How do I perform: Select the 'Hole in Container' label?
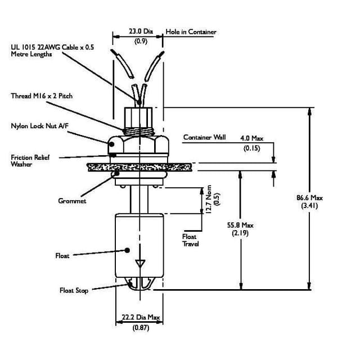[191, 32]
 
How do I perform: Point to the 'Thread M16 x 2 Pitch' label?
[42, 96]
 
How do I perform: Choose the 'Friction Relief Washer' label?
[30, 160]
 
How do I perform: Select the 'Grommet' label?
[72, 201]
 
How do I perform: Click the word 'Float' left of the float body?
[62, 256]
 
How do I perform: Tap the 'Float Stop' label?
[74, 290]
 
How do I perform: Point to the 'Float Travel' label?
[191, 240]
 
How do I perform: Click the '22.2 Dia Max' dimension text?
[141, 317]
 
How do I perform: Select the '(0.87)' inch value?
[141, 327]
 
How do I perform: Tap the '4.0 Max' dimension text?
[251, 138]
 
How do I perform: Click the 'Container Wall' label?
[204, 137]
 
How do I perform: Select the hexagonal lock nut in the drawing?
[139, 146]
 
